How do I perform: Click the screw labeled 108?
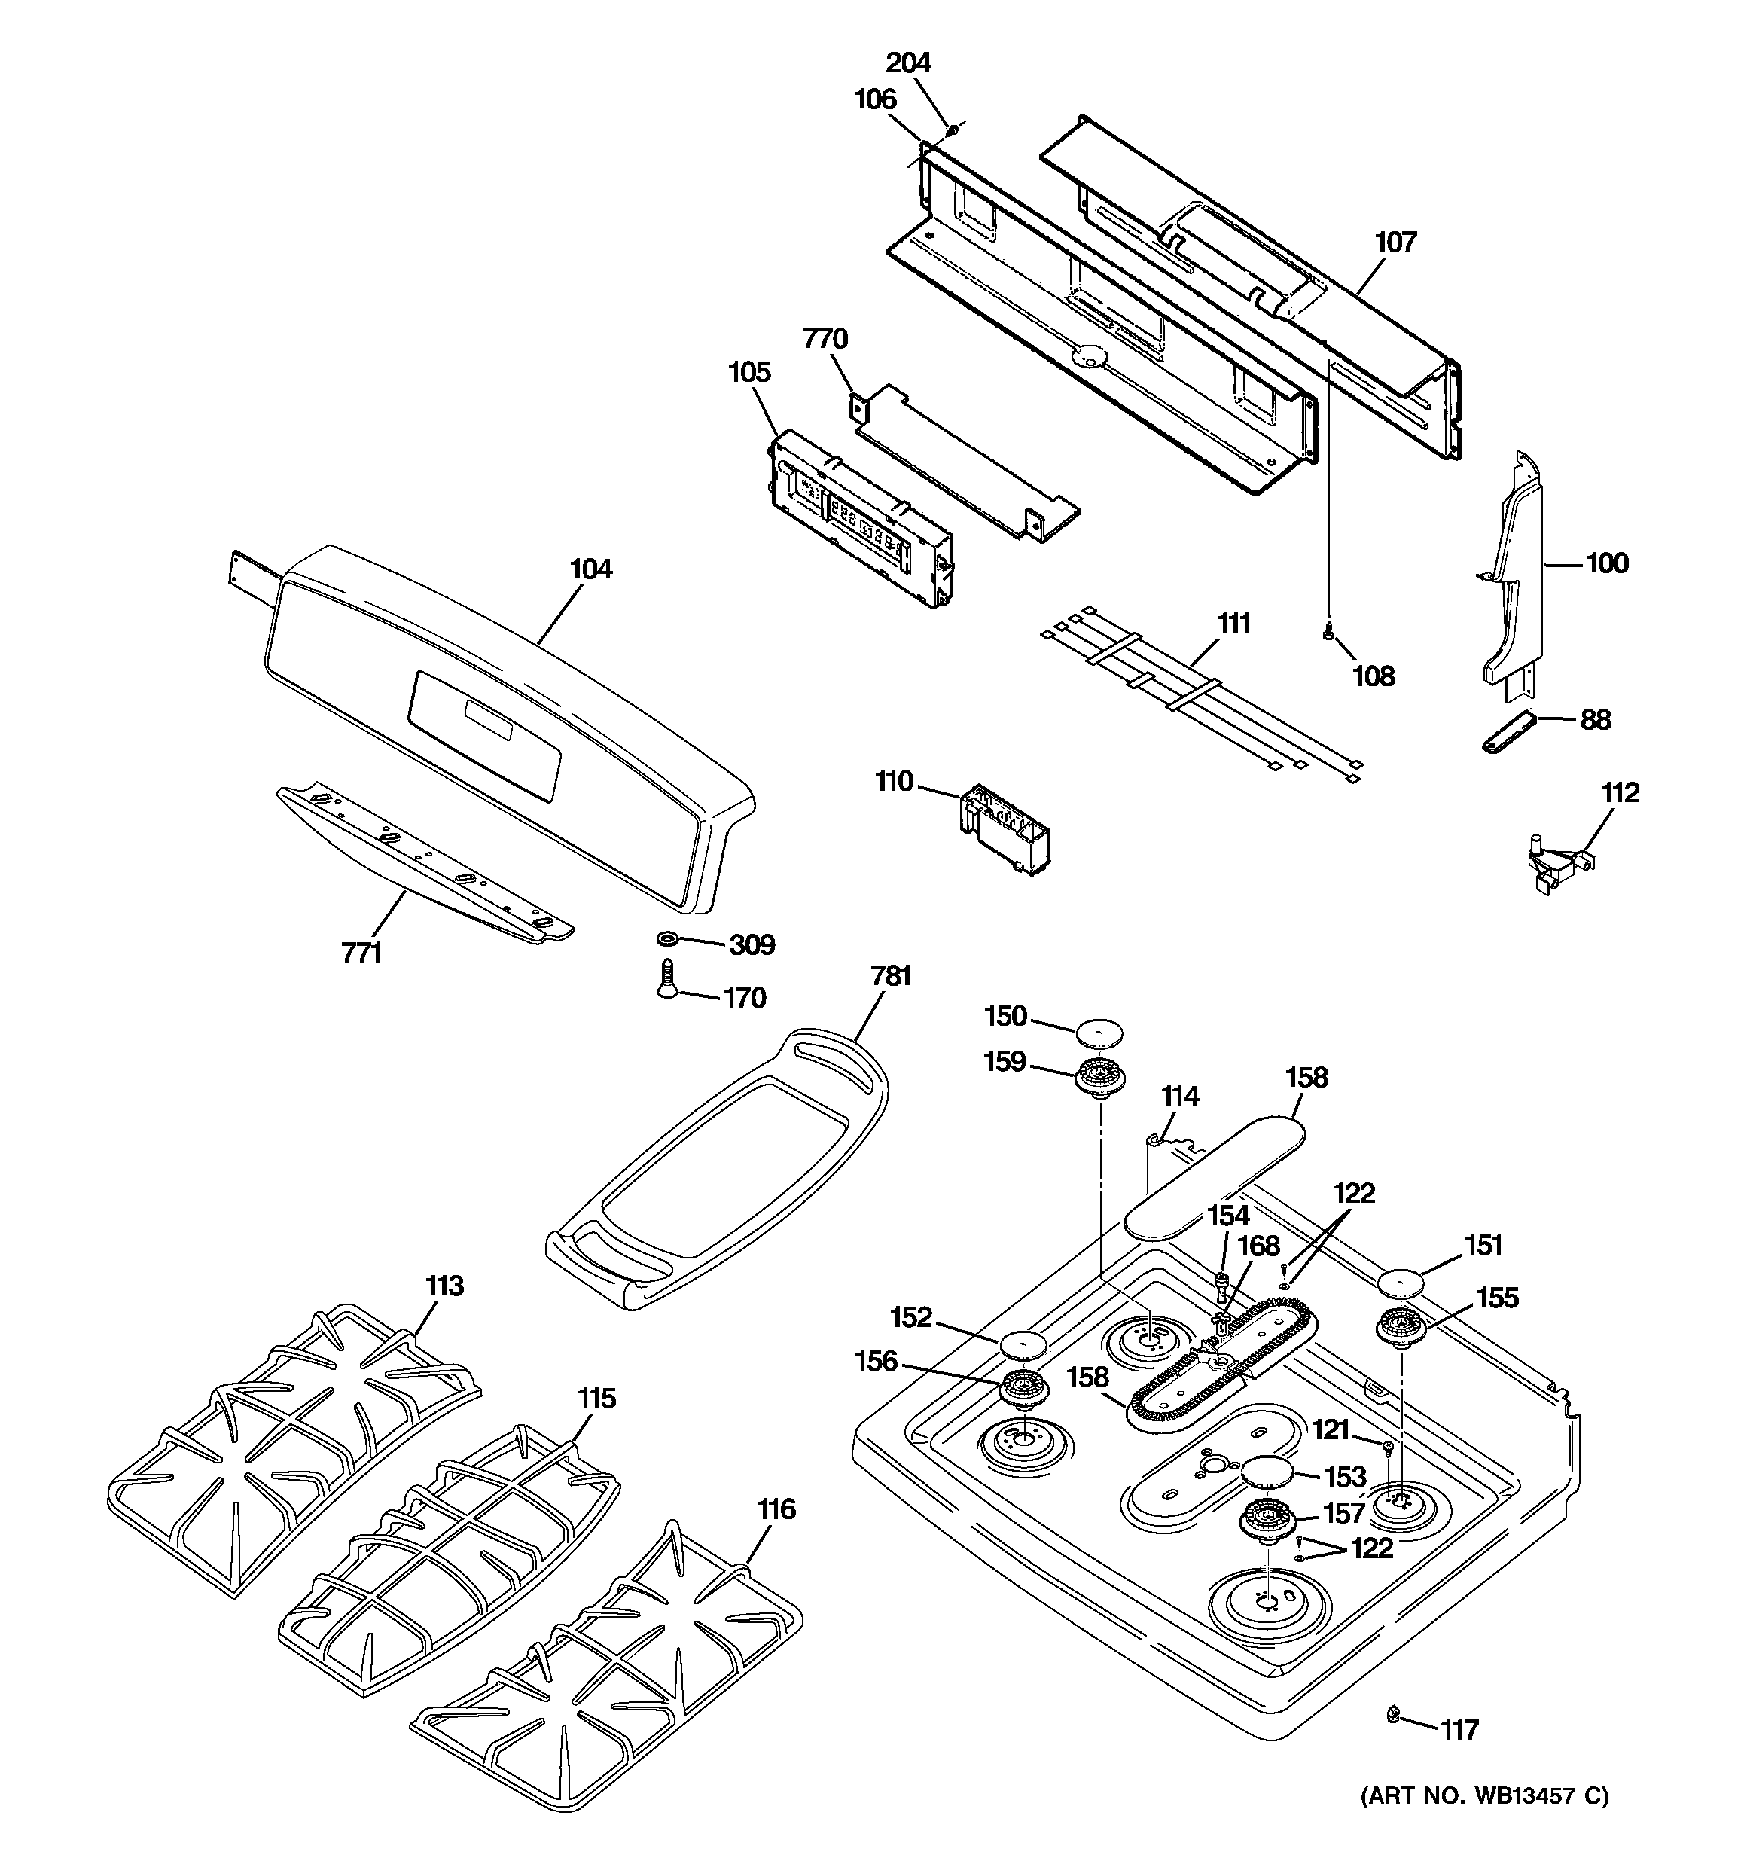coord(1327,635)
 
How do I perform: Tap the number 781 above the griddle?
coord(890,976)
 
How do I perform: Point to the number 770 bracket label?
coord(825,338)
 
